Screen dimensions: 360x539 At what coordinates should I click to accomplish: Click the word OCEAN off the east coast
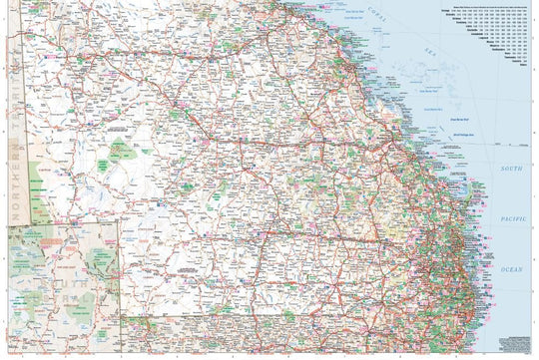(511, 270)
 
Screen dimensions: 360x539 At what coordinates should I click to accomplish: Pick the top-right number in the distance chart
(524, 13)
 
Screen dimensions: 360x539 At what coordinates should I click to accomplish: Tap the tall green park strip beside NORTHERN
(36, 189)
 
